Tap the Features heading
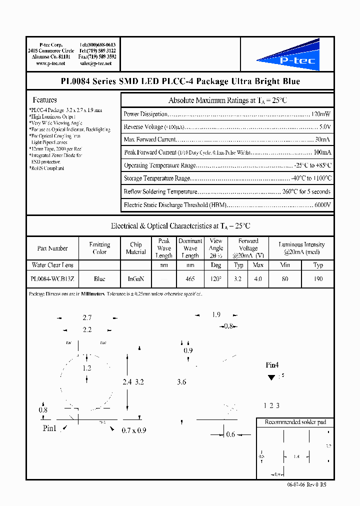click(44, 100)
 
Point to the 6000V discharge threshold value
click(322, 205)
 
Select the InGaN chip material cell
click(136, 279)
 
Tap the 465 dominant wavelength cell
click(190, 279)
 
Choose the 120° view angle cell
click(216, 279)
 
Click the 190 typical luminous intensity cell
click(318, 279)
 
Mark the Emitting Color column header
click(99, 248)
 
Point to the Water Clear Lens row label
click(52, 265)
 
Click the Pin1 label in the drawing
click(50, 428)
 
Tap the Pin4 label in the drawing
click(272, 365)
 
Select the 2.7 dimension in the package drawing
click(87, 317)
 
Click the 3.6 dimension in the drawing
click(181, 382)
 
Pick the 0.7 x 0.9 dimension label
click(133, 430)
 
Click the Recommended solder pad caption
click(295, 422)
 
